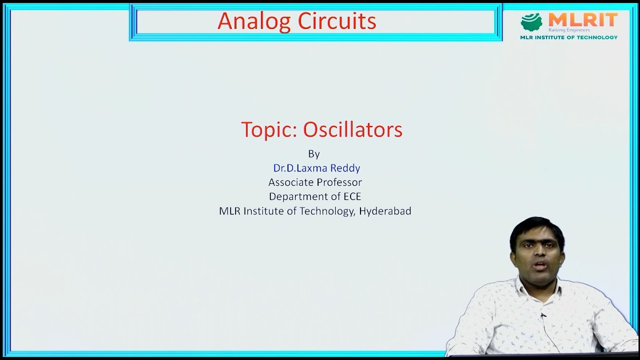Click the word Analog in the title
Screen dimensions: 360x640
[x=254, y=21]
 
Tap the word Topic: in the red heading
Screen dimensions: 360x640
[x=269, y=130]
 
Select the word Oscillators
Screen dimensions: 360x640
[x=352, y=129]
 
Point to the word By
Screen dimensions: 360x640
[x=314, y=153]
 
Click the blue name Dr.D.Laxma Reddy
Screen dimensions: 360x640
[x=316, y=168]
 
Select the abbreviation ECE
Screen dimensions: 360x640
[x=352, y=196]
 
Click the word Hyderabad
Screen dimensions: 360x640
[x=385, y=211]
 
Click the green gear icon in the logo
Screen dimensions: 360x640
[x=531, y=22]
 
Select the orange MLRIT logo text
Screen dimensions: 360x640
[x=583, y=20]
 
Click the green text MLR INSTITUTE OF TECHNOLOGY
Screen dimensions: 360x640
[x=569, y=37]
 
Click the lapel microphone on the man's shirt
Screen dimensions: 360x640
[x=543, y=315]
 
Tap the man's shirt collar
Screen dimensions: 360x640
[x=520, y=287]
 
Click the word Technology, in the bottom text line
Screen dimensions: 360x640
[x=327, y=211]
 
